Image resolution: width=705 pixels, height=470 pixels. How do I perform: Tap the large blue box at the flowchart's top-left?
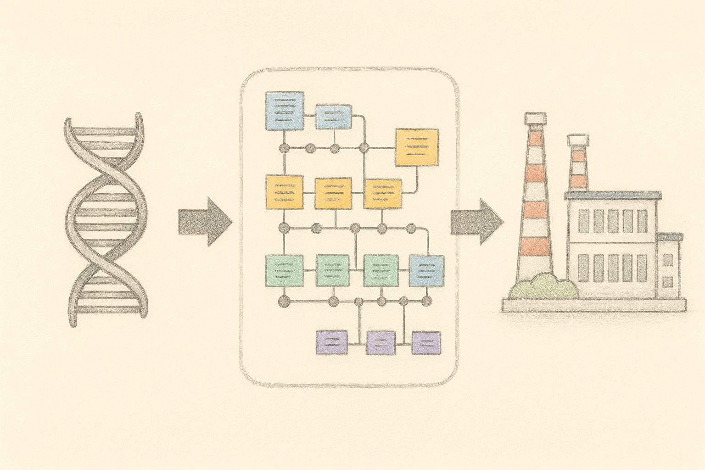click(285, 111)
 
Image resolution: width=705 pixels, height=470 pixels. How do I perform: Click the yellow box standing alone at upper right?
click(417, 147)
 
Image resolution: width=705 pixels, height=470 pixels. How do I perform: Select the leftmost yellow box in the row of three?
click(285, 192)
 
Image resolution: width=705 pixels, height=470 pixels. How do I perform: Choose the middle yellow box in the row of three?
click(333, 193)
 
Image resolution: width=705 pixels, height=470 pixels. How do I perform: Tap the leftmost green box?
click(285, 269)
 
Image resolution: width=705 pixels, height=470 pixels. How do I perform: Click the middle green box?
click(333, 270)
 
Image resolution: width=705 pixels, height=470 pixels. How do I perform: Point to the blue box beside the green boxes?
click(426, 270)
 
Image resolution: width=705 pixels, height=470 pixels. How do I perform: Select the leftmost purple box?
click(332, 342)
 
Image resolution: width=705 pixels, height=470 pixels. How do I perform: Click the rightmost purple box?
click(426, 343)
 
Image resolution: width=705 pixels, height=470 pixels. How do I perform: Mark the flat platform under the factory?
click(594, 305)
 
